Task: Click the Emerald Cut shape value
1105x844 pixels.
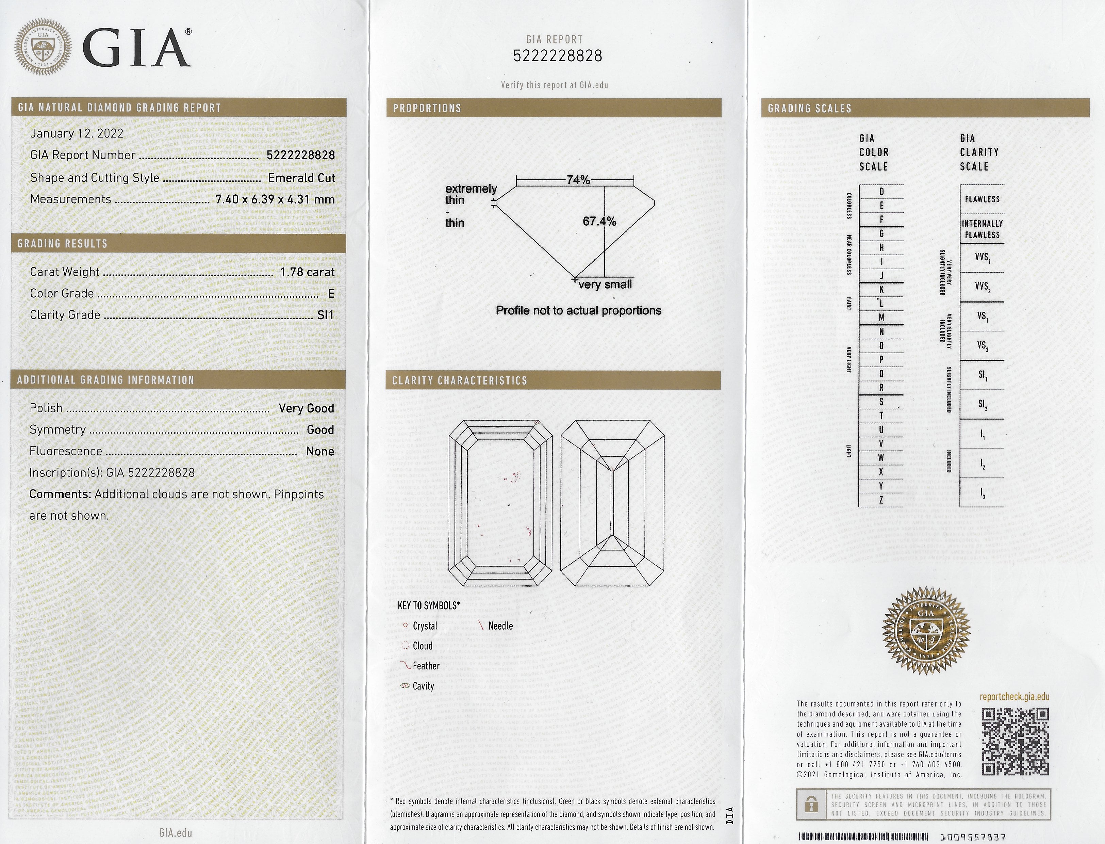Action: click(301, 178)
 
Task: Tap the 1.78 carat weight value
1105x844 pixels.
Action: click(308, 272)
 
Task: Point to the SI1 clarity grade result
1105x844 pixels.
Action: click(326, 315)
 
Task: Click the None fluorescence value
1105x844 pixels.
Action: click(320, 451)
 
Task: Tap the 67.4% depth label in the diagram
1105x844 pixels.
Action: click(599, 222)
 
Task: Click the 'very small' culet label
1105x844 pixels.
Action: click(605, 285)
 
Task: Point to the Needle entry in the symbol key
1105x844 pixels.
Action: click(500, 626)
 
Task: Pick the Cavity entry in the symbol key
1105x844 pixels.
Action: click(423, 686)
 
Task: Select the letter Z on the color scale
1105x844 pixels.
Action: click(881, 500)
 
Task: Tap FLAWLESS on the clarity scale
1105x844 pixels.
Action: click(982, 199)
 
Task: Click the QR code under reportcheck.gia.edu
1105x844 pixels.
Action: click(1015, 742)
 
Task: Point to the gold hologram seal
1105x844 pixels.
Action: click(926, 631)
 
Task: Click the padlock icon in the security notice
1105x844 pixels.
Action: click(811, 805)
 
